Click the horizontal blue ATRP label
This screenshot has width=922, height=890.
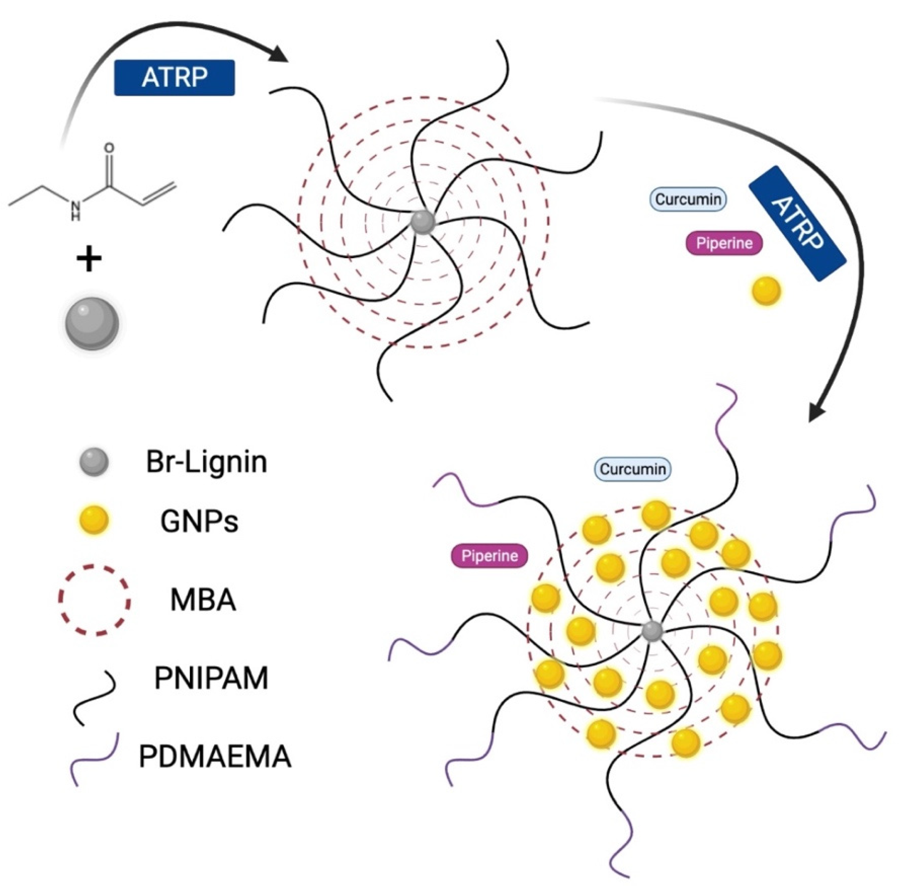coord(174,78)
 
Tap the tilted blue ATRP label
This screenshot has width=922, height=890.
coord(797,223)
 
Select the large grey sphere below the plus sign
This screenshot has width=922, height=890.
coord(92,323)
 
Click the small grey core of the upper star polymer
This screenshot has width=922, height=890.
coord(422,222)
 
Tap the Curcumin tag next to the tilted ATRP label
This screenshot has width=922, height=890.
coord(688,199)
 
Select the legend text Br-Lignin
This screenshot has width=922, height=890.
coord(206,462)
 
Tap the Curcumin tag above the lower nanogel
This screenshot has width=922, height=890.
coord(633,469)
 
